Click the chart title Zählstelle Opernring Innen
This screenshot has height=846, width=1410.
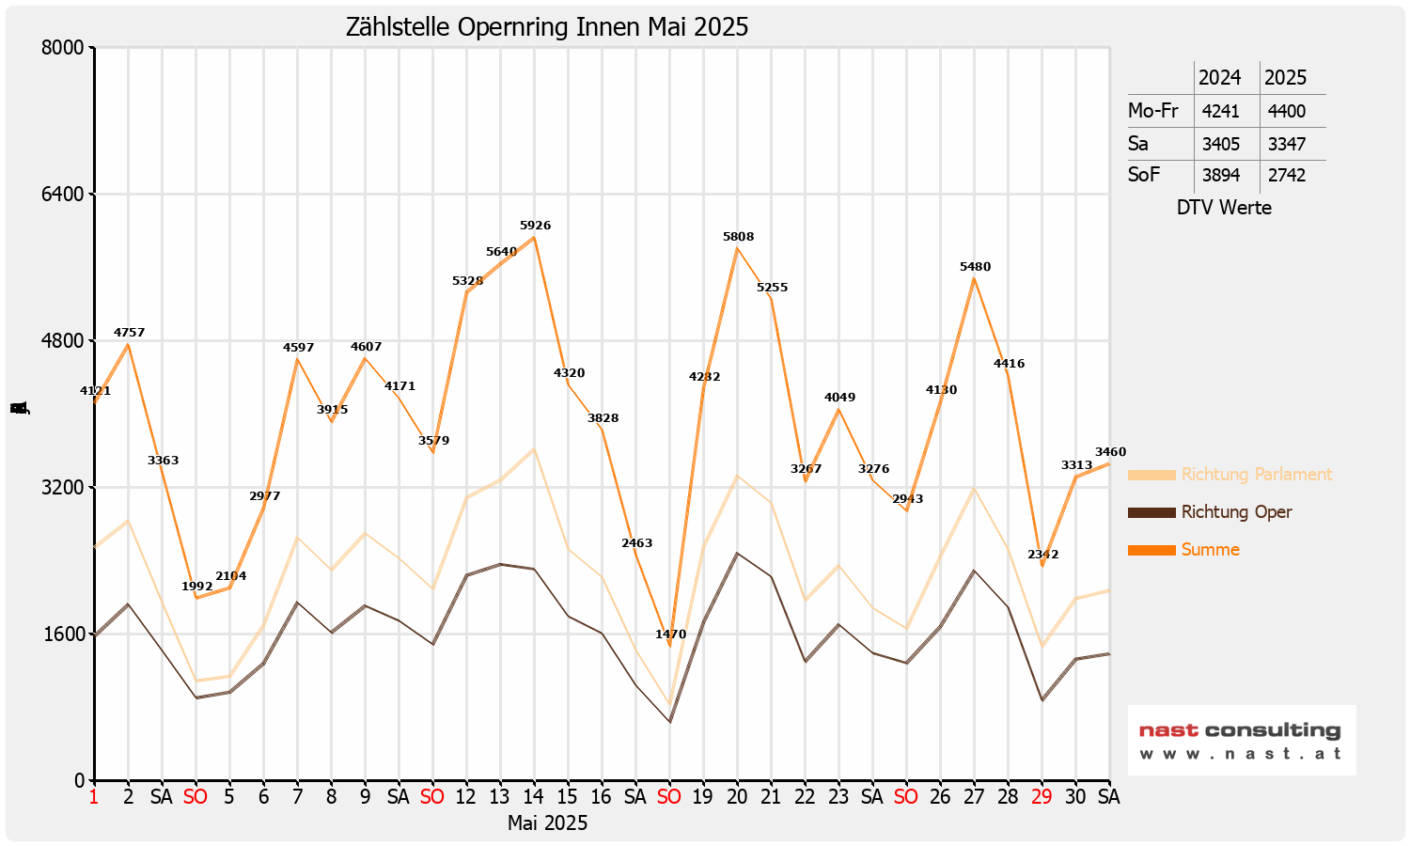pos(547,26)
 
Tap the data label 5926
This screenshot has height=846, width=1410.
pos(535,226)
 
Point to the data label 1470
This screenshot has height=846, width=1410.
pos(670,634)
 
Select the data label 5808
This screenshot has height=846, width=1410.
pos(738,237)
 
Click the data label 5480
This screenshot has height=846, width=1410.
pos(975,267)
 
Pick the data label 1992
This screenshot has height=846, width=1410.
pos(197,587)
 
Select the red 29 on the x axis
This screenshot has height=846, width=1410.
pos(1042,797)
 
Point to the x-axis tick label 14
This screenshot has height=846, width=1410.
pos(534,797)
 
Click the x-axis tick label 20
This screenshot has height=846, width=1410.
pos(737,797)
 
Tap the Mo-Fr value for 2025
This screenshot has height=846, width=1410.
pos(1286,111)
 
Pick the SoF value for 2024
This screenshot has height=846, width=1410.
pos(1220,175)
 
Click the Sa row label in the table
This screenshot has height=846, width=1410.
pos(1138,144)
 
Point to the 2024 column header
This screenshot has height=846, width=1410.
pos(1219,77)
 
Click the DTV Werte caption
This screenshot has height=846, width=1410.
pos(1224,208)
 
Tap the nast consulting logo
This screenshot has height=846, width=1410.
pos(1241,740)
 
